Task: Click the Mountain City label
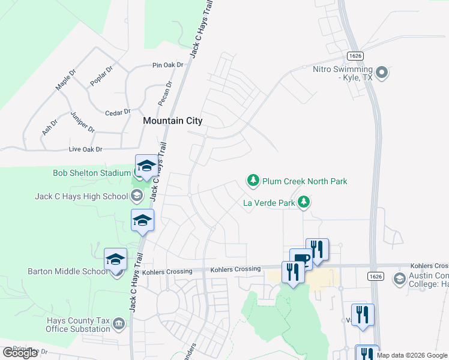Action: pos(172,121)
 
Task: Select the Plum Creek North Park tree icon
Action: pos(253,181)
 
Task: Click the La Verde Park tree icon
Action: pos(304,202)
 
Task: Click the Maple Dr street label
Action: pos(66,80)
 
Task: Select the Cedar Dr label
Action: pos(118,112)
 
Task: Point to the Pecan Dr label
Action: pos(165,93)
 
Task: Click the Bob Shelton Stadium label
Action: pos(91,173)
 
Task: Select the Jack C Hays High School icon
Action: pos(137,196)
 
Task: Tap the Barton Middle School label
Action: pos(68,271)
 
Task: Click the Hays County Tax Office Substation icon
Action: pos(119,325)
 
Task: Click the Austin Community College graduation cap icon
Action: pos(399,278)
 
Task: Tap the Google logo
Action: pos(20,353)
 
